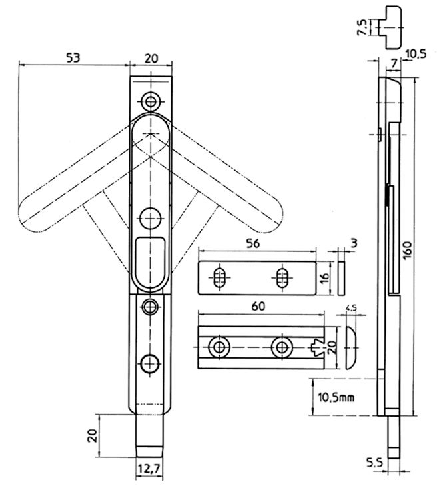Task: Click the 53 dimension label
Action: point(73,57)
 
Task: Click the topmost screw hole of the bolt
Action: point(151,101)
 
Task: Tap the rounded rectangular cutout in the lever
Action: point(150,261)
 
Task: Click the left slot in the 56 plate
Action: point(219,278)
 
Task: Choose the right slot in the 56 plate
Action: point(282,278)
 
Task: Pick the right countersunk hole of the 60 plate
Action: point(280,347)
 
